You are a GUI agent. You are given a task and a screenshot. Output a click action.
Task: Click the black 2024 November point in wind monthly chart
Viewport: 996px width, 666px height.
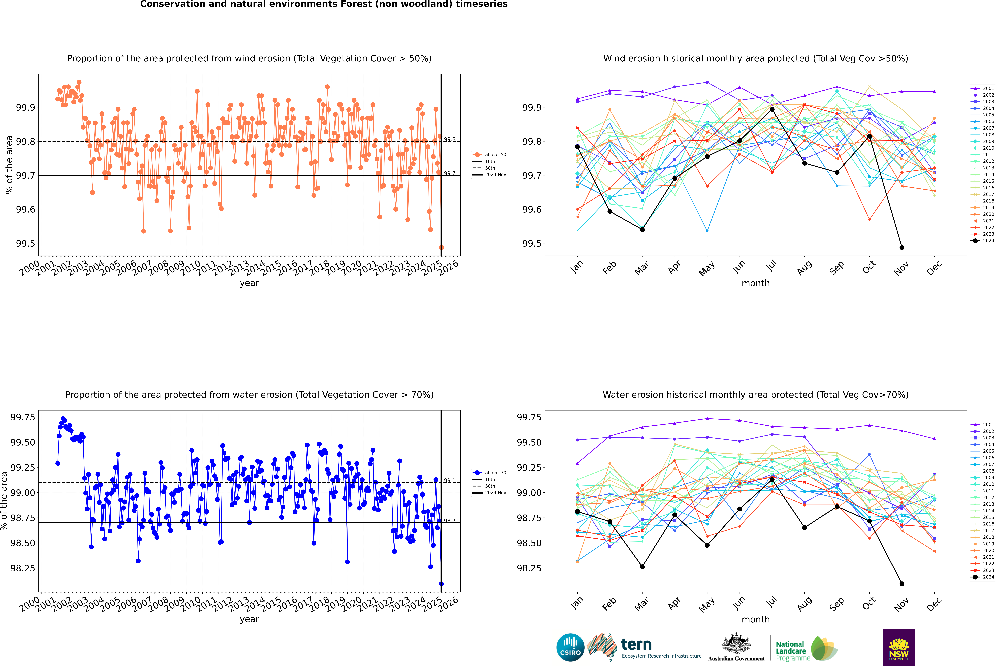tap(902, 248)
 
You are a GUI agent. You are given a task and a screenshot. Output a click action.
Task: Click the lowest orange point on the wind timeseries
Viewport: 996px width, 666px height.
tap(441, 248)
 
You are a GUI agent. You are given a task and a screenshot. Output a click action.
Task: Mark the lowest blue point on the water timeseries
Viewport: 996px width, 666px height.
tap(441, 584)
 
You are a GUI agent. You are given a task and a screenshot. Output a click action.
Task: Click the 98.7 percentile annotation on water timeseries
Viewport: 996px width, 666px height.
tap(450, 521)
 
